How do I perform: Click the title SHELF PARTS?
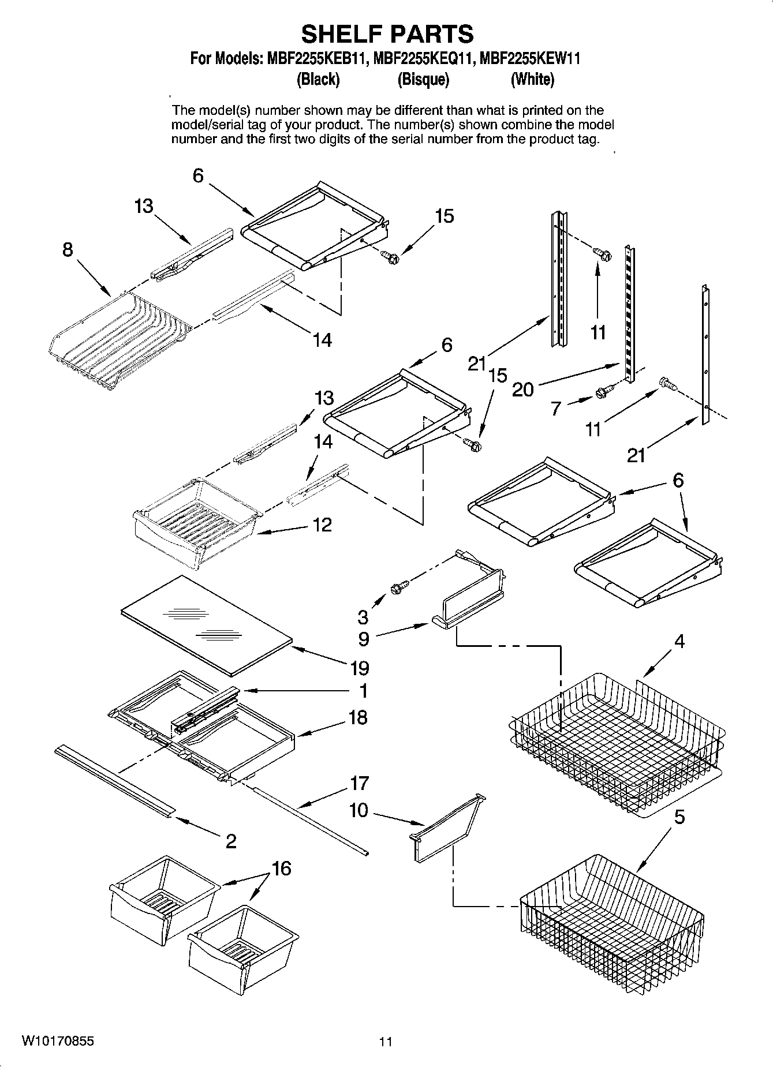tap(387, 34)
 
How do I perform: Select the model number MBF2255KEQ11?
tap(424, 59)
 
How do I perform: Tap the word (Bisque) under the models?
tap(423, 80)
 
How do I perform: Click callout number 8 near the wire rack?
tap(68, 250)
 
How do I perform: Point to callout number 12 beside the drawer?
tap(322, 525)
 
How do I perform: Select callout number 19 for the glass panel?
tap(359, 668)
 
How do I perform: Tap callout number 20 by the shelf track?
tap(523, 390)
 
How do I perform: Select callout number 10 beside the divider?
tap(358, 811)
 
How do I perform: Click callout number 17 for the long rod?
tap(359, 783)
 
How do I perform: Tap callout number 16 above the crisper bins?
tap(281, 868)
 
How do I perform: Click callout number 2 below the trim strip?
tap(230, 841)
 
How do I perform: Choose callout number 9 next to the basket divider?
tap(363, 639)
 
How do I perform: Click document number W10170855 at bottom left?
tap(58, 1042)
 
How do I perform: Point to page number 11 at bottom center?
tap(386, 1042)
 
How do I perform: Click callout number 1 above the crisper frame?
tap(363, 690)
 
